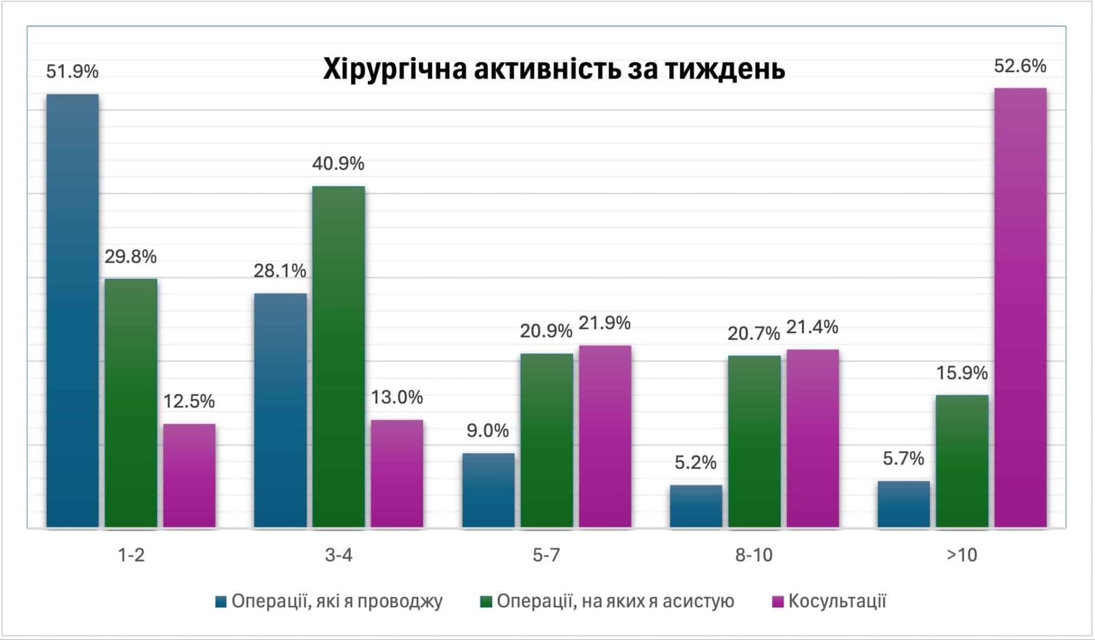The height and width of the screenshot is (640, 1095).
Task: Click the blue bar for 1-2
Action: coord(72,311)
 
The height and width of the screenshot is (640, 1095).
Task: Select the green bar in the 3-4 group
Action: coord(338,357)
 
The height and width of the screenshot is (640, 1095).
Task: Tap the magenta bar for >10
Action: coord(1020,308)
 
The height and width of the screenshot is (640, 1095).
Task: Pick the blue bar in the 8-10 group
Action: coord(696,506)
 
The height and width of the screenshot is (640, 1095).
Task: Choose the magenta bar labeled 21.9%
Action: coord(605,436)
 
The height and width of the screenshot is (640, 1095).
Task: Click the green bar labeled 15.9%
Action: coord(962,461)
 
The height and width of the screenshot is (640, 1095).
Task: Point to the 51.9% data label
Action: coord(72,72)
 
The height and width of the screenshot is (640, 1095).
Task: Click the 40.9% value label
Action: coord(338,164)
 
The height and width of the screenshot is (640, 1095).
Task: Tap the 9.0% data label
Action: coord(488,430)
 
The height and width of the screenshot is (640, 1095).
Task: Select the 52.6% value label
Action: coord(1020,66)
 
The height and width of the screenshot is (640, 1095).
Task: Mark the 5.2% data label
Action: coord(696,462)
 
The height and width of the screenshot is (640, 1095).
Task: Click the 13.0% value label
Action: coord(397,397)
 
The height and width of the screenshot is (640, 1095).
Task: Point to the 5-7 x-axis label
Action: coord(546,555)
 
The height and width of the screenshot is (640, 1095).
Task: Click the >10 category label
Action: coord(962,555)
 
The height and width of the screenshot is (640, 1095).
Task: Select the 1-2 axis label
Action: coord(131,555)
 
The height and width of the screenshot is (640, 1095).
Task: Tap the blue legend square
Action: coord(221,602)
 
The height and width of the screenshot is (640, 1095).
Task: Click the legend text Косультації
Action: coord(837,601)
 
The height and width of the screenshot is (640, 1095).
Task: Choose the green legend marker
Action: coord(486,602)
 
